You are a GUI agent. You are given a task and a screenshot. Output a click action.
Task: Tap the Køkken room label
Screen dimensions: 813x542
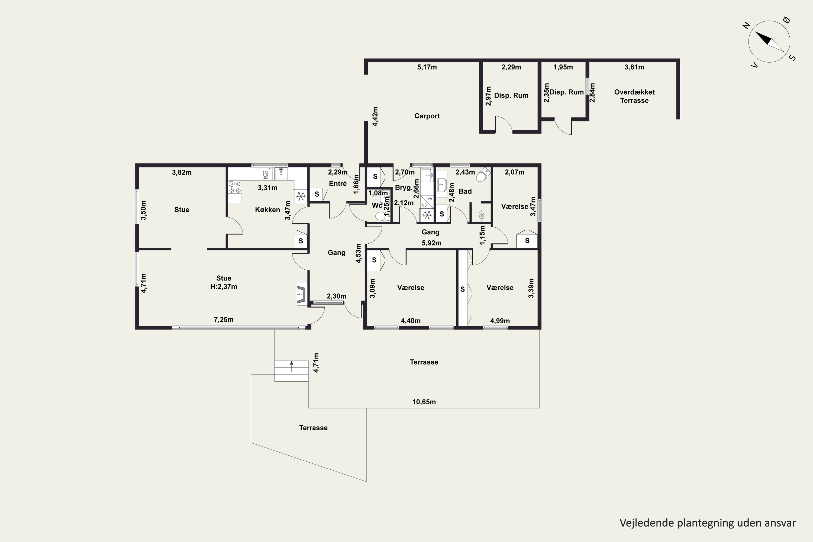[267, 209]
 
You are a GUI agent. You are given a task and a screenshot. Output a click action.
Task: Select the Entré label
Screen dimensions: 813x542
[338, 183]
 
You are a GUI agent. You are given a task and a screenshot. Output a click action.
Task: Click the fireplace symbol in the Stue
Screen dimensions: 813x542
[301, 294]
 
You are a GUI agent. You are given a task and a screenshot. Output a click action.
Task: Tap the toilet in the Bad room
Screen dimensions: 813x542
[483, 175]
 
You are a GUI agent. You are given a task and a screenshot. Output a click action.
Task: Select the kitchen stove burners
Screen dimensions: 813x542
[235, 187]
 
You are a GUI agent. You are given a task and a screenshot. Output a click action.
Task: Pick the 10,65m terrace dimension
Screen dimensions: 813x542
[424, 402]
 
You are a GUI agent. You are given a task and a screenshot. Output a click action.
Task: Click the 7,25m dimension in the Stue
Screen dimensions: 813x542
[224, 320]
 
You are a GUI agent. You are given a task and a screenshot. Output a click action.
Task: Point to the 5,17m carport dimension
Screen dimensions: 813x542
[427, 67]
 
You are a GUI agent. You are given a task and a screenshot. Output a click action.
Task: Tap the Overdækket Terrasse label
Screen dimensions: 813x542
[634, 96]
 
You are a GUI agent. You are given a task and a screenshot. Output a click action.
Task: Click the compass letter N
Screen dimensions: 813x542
[746, 25]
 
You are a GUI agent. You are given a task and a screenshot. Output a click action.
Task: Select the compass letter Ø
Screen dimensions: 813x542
[786, 20]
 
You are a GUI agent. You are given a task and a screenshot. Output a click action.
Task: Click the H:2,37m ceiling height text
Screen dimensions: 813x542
[224, 286]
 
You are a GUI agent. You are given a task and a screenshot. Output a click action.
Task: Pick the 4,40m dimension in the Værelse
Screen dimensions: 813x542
[411, 321]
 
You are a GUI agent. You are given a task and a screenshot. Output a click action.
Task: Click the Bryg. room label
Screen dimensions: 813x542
[404, 188]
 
